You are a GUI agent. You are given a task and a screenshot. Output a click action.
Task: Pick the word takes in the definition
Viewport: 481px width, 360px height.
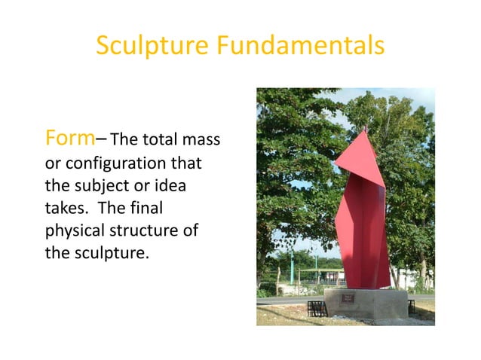coord(63,208)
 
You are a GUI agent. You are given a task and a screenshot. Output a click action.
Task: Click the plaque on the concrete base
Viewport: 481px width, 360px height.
coord(348,299)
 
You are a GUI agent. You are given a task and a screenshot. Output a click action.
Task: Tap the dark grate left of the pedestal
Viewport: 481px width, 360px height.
coord(317,308)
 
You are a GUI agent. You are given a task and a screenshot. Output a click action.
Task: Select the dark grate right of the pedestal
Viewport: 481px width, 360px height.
coord(412,307)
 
